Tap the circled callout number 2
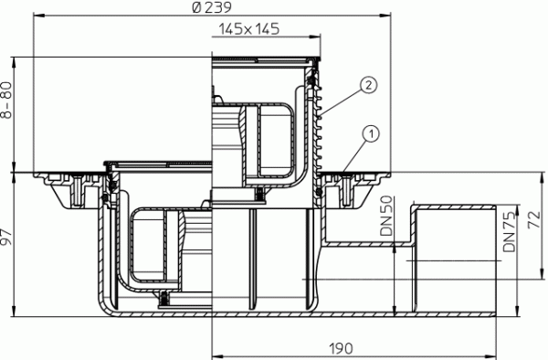click(366, 85)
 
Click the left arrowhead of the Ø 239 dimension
click(37, 16)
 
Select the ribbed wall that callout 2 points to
click(321, 128)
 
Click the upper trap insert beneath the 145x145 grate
click(265, 137)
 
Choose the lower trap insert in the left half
click(155, 247)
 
